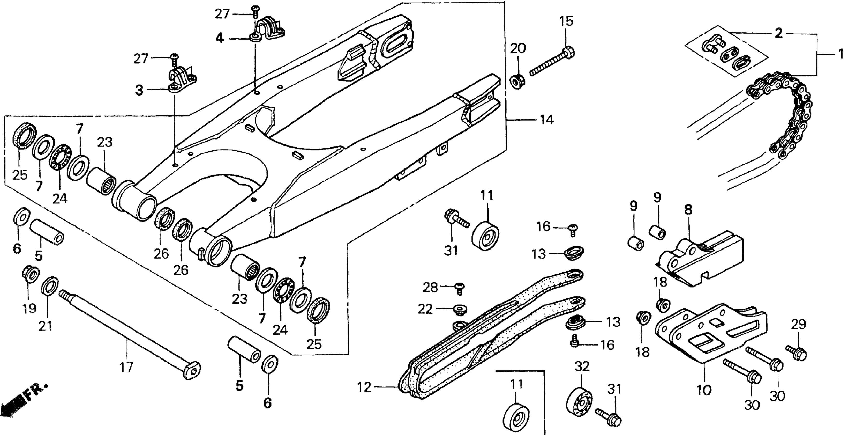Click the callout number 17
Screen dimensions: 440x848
click(x=126, y=367)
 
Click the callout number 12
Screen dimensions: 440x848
click(x=364, y=387)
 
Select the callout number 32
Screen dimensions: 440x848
click(x=582, y=366)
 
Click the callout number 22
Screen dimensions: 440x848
click(x=425, y=310)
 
